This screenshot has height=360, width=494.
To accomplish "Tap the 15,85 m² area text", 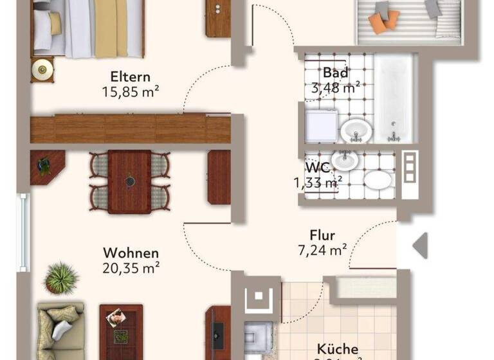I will (x=131, y=92).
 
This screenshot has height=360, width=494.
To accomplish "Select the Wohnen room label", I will (x=131, y=253).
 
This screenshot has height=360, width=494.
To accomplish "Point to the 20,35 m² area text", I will (x=131, y=268).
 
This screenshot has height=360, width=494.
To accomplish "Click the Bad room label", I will (x=336, y=73).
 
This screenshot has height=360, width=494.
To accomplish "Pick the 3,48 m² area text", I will (x=336, y=87).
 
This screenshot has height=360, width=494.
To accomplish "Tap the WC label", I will (x=318, y=167).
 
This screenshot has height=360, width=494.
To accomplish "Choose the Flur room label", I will (x=322, y=236).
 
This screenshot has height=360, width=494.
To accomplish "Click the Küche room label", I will (x=337, y=349).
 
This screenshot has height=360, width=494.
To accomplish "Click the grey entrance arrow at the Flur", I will (x=420, y=246).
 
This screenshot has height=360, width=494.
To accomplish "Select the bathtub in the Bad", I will (x=395, y=98).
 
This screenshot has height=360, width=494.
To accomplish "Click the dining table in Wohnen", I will (x=129, y=181).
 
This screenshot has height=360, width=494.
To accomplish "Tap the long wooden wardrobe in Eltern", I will (x=130, y=129).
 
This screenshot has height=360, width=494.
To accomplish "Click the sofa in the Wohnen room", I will (x=60, y=330).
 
